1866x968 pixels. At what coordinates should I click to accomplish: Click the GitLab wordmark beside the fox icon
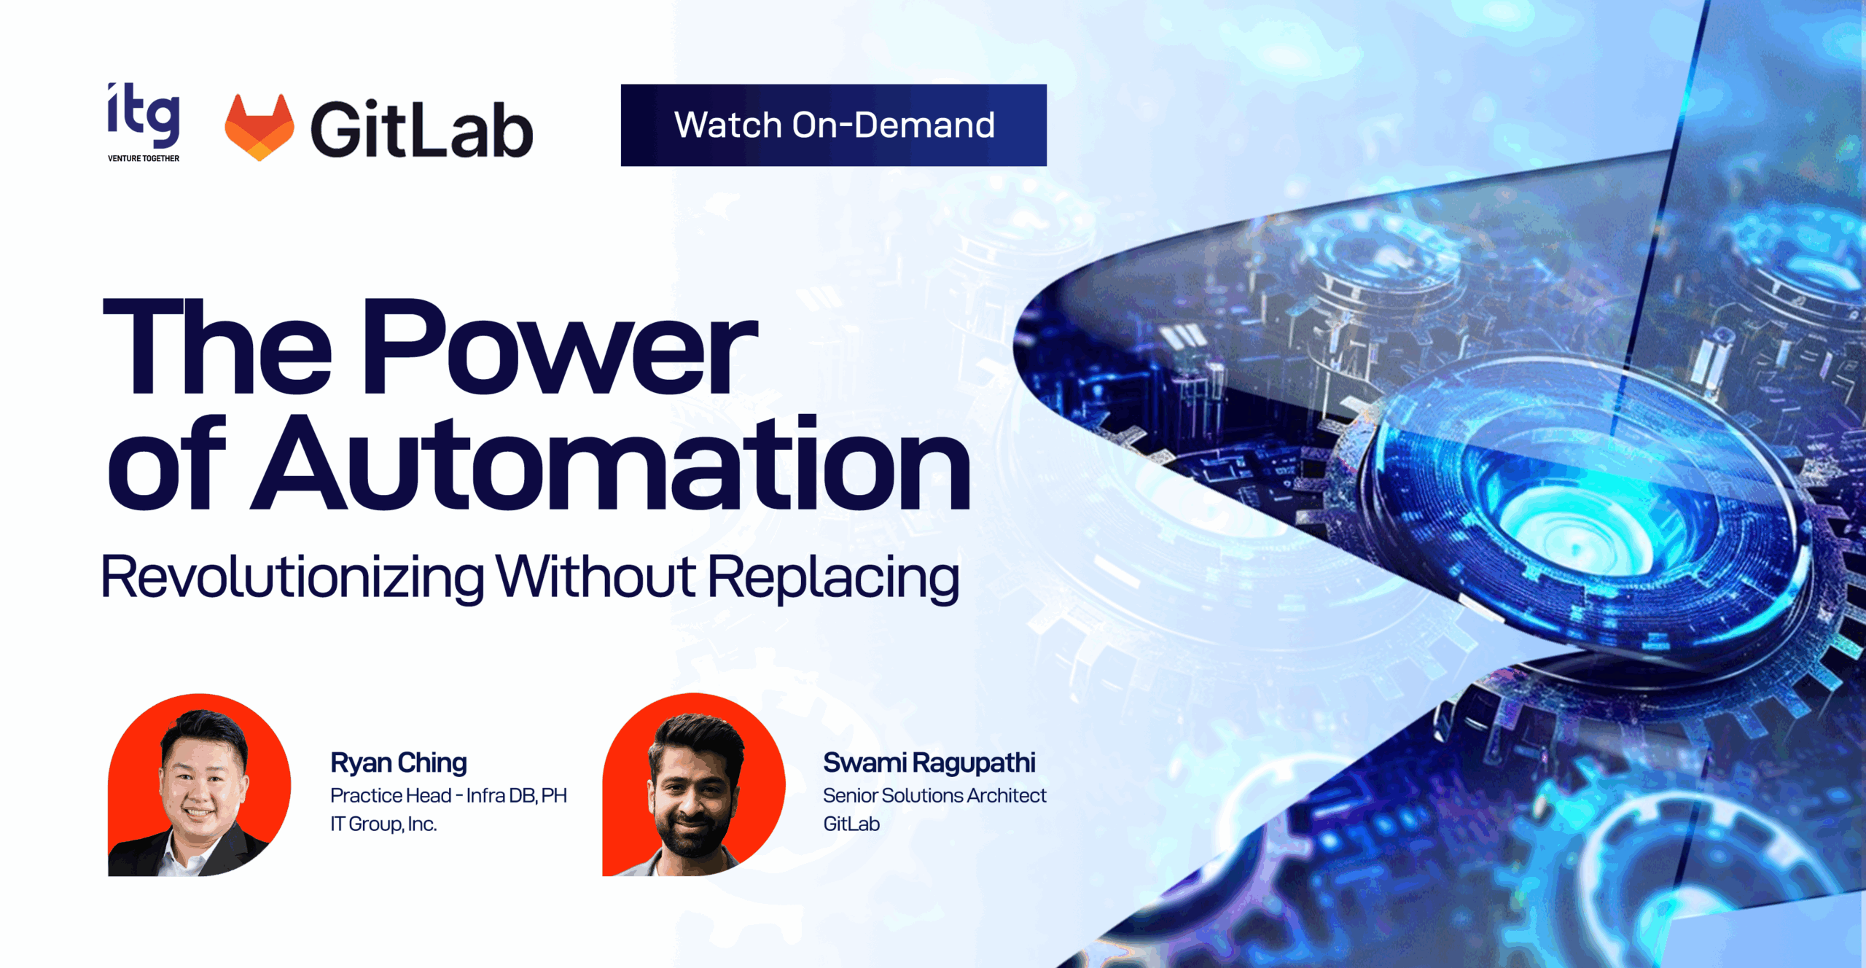[x=422, y=129]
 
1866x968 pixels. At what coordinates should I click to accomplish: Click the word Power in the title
[x=559, y=346]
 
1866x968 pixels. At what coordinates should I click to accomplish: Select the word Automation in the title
[x=611, y=462]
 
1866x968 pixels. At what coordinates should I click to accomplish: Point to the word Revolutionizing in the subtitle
[x=292, y=578]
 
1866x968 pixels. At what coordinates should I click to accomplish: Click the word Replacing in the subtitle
[x=833, y=578]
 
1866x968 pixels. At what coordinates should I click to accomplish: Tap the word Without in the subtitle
[x=596, y=577]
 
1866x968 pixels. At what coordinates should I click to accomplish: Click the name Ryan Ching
[x=399, y=762]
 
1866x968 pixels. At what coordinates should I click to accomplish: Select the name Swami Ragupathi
[x=929, y=762]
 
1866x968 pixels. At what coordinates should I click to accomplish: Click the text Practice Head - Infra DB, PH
[x=448, y=795]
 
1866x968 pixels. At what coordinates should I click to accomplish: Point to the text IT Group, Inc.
[x=383, y=824]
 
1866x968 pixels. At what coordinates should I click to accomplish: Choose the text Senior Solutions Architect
[x=934, y=795]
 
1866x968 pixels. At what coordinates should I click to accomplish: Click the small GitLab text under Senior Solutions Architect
[x=851, y=824]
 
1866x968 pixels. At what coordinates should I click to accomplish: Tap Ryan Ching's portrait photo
[x=199, y=785]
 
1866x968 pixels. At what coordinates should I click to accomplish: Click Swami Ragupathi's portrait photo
[x=693, y=785]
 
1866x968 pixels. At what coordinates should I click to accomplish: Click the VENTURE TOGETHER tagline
[x=144, y=158]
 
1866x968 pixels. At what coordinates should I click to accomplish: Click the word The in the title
[x=217, y=346]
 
